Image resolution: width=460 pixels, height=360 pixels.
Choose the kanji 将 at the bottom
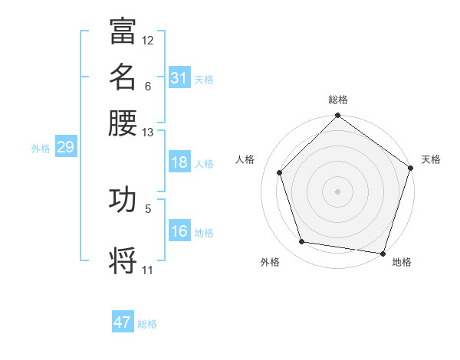tap(123, 260)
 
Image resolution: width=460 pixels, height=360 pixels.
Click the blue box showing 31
tap(179, 78)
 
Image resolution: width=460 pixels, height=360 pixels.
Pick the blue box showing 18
tap(179, 163)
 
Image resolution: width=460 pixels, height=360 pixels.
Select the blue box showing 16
tap(179, 232)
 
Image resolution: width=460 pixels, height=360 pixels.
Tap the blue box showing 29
tap(65, 148)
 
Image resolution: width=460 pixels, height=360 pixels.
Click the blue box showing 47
tap(123, 322)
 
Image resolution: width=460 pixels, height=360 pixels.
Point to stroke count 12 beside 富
tap(148, 40)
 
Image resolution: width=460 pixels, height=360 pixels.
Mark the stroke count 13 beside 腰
tap(148, 133)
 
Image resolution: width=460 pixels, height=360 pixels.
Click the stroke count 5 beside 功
tap(148, 208)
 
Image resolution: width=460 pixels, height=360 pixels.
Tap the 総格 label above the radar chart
tap(338, 100)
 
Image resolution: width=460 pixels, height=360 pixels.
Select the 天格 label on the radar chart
tap(431, 159)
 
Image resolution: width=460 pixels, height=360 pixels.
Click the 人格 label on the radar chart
tap(245, 159)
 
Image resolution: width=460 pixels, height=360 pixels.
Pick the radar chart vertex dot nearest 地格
tap(383, 253)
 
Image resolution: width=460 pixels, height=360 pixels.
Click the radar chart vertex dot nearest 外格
tap(302, 242)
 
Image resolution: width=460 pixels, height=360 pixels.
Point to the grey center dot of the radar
tap(338, 191)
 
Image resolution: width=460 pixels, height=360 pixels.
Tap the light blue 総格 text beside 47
tap(147, 324)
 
